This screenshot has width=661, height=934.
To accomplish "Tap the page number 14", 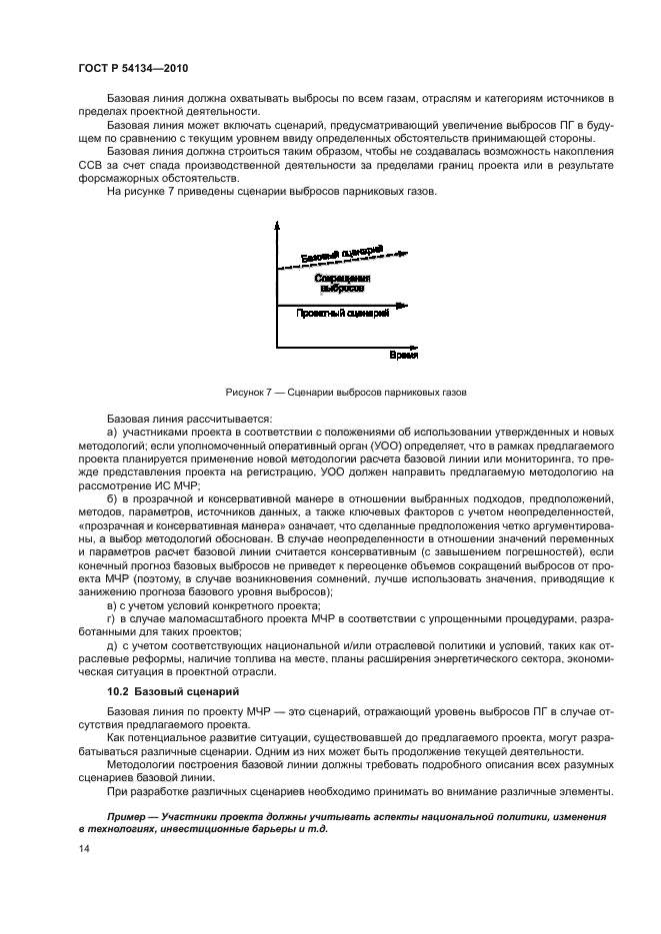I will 84,847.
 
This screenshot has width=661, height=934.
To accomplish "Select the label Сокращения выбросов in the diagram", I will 342,283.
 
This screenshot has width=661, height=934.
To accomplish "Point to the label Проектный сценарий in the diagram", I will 342,313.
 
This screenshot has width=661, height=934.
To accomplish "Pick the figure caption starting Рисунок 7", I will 330,392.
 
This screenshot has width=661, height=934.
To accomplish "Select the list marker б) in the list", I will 111,496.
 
